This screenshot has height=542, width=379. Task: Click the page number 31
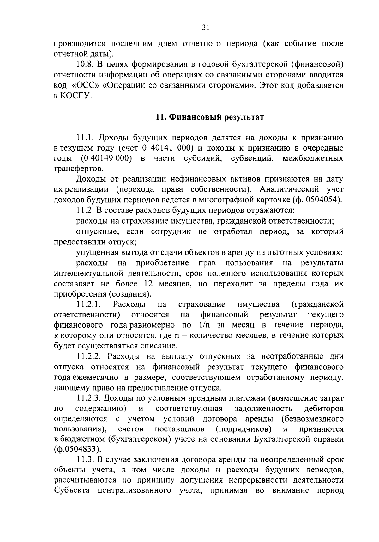[x=206, y=28]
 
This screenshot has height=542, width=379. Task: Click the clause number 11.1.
[x=85, y=138]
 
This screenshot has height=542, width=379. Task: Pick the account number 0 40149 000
[x=106, y=158]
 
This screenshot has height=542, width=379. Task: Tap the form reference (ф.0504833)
[x=78, y=449]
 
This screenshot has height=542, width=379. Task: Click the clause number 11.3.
[x=85, y=459]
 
